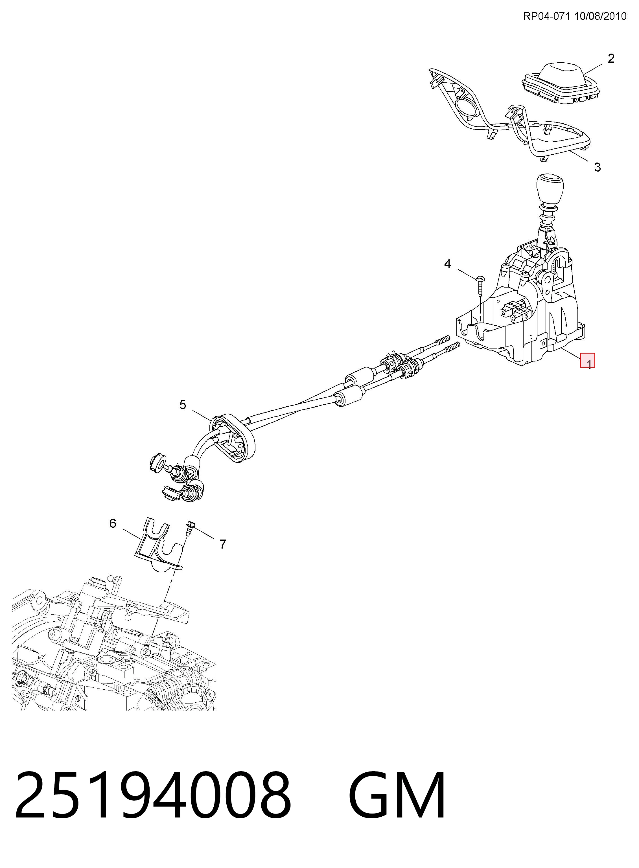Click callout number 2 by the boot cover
tap(611, 58)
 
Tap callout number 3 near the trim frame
tap(597, 167)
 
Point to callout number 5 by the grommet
tap(183, 405)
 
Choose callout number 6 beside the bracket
tap(113, 523)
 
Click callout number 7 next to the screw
tap(223, 544)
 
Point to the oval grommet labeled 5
tap(232, 438)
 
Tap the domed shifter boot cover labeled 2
tap(561, 83)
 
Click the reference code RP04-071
tap(547, 16)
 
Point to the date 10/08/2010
tap(600, 16)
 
